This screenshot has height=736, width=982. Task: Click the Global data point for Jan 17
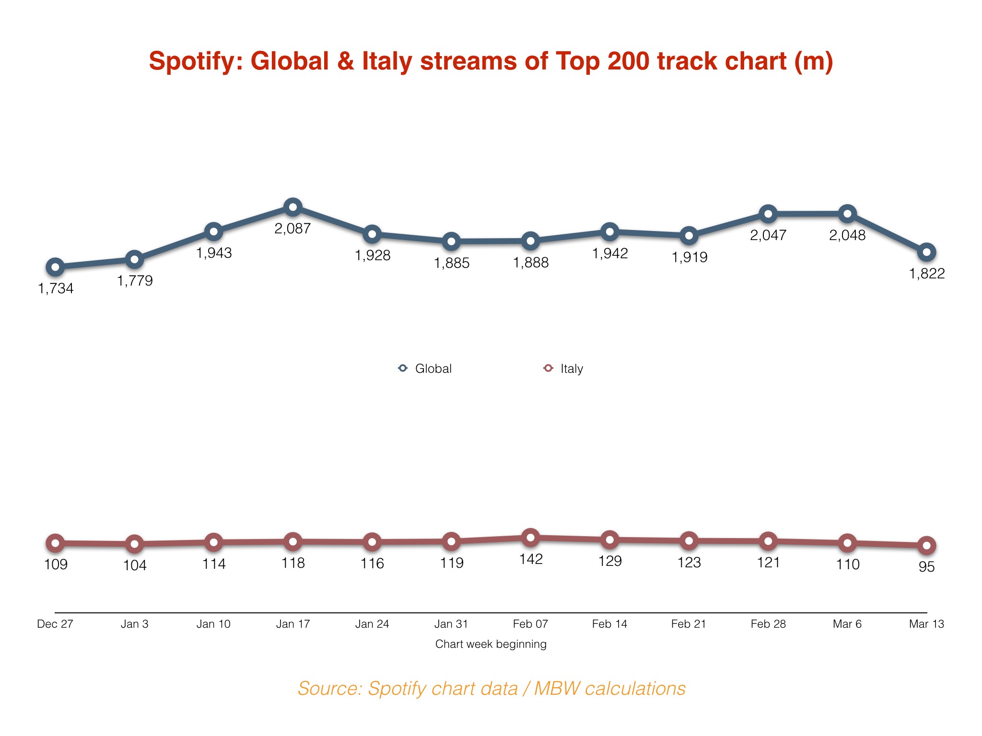click(x=292, y=207)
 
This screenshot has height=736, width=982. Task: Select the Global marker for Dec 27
click(x=55, y=267)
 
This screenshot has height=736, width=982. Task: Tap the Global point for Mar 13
click(x=926, y=252)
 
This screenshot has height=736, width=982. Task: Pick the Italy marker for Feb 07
click(x=530, y=538)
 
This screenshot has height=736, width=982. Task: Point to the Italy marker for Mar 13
click(x=926, y=545)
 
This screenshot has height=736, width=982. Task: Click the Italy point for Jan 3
click(x=135, y=544)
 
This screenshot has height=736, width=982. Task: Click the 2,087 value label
click(x=292, y=229)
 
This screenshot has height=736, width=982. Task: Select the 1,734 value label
click(x=56, y=288)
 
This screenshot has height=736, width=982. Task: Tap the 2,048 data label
click(x=847, y=235)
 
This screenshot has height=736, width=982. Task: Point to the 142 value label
click(x=531, y=559)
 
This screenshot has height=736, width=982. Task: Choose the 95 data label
click(x=926, y=567)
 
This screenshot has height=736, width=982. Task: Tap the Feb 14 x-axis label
click(x=609, y=624)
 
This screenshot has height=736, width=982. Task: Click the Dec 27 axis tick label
click(x=55, y=624)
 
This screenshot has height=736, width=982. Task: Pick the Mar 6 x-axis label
click(x=847, y=624)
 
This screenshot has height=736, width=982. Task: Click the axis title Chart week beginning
click(x=491, y=644)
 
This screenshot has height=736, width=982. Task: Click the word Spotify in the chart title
click(x=195, y=61)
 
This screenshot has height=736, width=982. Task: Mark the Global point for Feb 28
click(x=768, y=214)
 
